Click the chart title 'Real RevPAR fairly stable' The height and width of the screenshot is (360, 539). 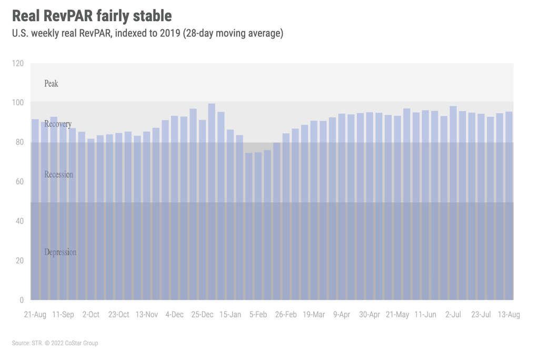pyautogui.click(x=92, y=15)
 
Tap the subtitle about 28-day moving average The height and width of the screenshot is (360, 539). pyautogui.click(x=148, y=34)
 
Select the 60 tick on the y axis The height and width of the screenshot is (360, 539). pyautogui.click(x=19, y=182)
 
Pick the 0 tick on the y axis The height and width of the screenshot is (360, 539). pyautogui.click(x=22, y=300)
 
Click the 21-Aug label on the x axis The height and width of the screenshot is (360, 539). pyautogui.click(x=35, y=315)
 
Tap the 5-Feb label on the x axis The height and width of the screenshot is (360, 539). pyautogui.click(x=258, y=315)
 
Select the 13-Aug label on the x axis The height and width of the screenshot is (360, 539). pyautogui.click(x=509, y=315)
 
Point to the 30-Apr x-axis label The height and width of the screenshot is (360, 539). pyautogui.click(x=370, y=315)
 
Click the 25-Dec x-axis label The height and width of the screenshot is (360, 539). pyautogui.click(x=202, y=315)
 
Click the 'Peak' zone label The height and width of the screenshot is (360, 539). pyautogui.click(x=51, y=84)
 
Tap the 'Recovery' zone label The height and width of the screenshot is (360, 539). pyautogui.click(x=58, y=124)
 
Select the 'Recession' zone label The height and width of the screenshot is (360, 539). pyautogui.click(x=59, y=174)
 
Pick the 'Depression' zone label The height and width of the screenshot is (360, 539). pyautogui.click(x=61, y=253)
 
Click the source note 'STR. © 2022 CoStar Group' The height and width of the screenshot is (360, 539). pyautogui.click(x=55, y=343)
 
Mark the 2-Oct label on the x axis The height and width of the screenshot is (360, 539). pyautogui.click(x=91, y=315)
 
